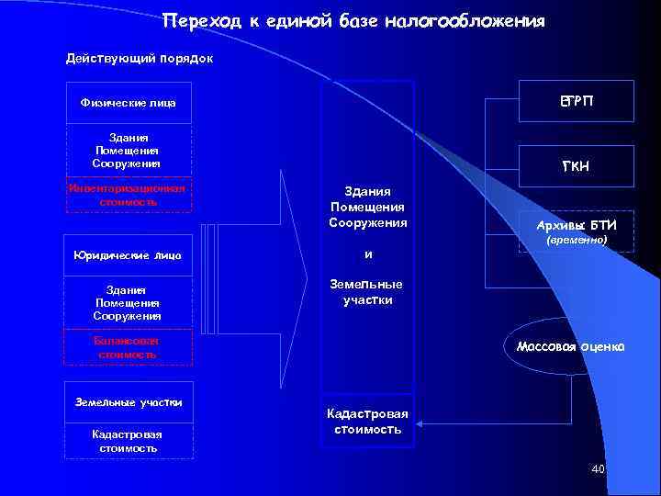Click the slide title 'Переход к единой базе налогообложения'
(353, 20)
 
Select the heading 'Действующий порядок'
(140, 59)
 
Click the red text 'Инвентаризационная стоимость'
(128, 194)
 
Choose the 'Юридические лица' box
(129, 254)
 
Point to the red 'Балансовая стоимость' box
(129, 346)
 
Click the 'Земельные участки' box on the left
(129, 401)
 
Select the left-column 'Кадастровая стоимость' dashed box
(129, 440)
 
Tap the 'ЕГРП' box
(577, 100)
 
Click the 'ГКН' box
(577, 164)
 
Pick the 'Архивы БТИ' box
(577, 225)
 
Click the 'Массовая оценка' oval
(570, 347)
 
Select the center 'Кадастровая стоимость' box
(366, 422)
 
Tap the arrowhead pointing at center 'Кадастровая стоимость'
(419, 423)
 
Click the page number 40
(599, 469)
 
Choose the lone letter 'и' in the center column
(366, 254)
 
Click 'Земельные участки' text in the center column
(366, 292)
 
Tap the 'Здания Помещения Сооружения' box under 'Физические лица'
(129, 150)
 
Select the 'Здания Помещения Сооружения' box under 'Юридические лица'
(129, 302)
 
